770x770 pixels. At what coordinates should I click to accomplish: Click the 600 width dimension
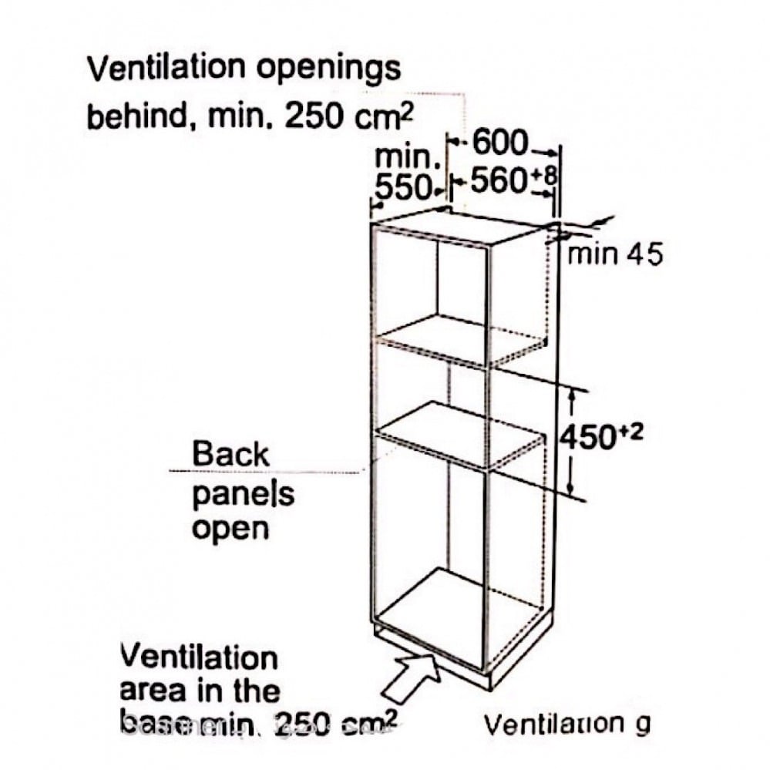click(500, 143)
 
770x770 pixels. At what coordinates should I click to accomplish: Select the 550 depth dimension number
click(402, 187)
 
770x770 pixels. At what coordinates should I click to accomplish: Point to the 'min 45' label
click(614, 254)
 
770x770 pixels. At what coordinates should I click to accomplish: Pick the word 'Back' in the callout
click(230, 453)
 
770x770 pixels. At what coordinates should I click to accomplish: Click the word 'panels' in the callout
click(243, 493)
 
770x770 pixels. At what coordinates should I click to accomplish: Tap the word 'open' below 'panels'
click(230, 529)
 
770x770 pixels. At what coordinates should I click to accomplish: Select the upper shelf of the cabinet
click(462, 339)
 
